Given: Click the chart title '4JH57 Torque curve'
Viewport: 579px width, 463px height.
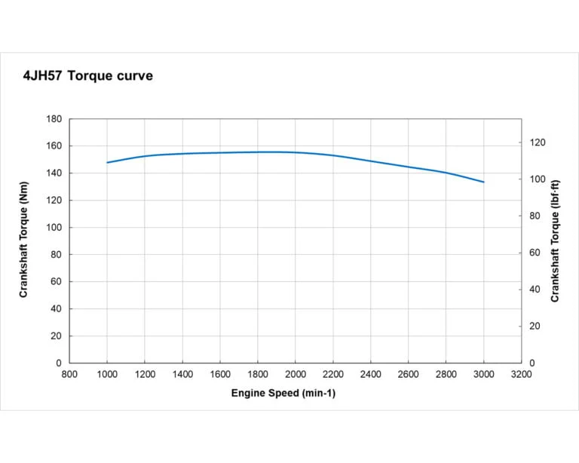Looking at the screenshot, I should pos(88,76).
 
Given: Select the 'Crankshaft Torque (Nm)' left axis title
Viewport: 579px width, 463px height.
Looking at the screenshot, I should pos(24,241).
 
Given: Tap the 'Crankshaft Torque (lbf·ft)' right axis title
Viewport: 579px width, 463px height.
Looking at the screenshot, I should pos(555,241).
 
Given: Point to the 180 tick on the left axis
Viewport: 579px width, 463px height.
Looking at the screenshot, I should pos(54,119).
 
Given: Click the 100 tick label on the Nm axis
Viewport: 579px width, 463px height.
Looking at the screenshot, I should pos(54,228).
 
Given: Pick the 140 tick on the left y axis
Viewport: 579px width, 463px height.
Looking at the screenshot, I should pos(54,173).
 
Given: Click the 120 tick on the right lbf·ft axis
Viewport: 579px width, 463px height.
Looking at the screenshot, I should pos(537,143).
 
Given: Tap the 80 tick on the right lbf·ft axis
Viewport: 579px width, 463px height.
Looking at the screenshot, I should pos(535,216).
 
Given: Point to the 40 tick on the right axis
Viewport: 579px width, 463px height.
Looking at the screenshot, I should pos(535,290).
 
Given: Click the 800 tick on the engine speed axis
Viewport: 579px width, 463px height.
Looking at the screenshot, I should pos(69,373).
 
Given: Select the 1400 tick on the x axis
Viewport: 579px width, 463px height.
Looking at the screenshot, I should pos(182,373).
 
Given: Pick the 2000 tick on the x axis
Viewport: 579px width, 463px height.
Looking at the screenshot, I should pos(296,373).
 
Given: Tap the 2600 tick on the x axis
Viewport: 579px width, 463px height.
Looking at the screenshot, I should pos(409,373).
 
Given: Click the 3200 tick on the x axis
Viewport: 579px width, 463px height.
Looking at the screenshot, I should pos(522,373).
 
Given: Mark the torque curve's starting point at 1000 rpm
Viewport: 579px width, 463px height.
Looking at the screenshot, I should pos(107,163).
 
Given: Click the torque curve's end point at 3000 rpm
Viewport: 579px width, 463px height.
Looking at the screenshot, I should pos(484,182).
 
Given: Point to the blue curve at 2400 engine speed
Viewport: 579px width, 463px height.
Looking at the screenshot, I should pos(371,161).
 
